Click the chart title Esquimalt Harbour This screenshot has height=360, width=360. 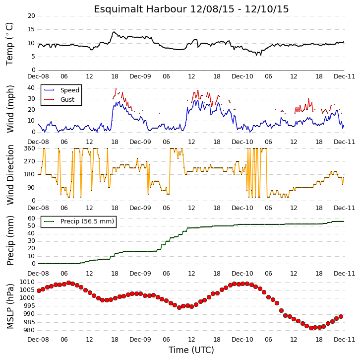pos(140,9)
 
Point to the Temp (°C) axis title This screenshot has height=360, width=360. pos(9,44)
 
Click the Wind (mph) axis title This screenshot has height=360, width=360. pos(10,109)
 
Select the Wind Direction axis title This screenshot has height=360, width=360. pos(10,175)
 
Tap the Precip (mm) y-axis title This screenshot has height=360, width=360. pos(10,240)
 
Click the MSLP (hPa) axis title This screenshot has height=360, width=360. pos(10,306)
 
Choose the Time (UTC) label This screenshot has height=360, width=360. pos(191,350)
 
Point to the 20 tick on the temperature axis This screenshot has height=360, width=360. pos(31,16)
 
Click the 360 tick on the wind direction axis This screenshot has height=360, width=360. pos(30,148)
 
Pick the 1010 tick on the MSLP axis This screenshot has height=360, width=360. pos(27,282)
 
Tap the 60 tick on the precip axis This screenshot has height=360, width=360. pos(31,218)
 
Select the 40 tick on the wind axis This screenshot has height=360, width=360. pos(31,88)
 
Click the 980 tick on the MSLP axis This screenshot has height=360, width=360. pos(29,330)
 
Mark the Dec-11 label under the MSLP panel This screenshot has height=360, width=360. pos(345,340)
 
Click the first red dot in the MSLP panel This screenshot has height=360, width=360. pos(39,290)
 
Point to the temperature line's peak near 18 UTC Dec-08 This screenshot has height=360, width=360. pos(114,32)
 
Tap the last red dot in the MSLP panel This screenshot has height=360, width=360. pos(341,317)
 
